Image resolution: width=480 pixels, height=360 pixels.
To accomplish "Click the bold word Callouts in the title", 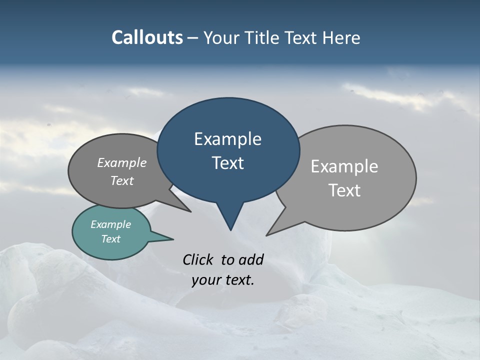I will [147, 38].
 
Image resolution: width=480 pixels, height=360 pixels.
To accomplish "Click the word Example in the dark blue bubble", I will [227, 139].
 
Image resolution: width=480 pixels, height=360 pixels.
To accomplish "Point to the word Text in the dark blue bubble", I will [227, 163].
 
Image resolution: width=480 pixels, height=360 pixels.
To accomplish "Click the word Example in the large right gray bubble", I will [344, 166].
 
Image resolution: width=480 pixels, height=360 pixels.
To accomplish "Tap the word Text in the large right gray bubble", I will [344, 190].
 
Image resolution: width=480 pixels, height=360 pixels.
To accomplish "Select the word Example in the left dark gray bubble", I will [122, 162].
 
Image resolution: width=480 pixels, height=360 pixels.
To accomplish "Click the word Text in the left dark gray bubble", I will [122, 180].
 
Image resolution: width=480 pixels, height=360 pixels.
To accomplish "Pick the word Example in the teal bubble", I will [111, 224].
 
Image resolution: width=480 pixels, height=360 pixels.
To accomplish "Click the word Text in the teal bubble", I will [111, 239].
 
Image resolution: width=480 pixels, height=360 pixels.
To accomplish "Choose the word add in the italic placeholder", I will [251, 259].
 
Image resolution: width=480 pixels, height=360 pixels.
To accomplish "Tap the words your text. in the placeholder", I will [223, 280].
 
